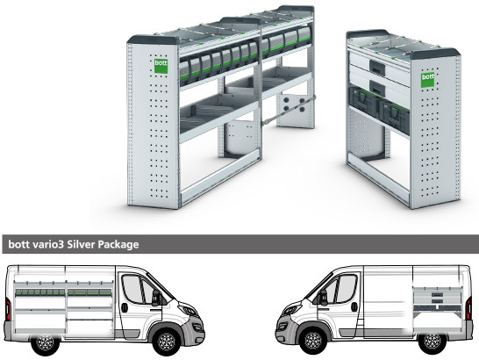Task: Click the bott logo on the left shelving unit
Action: (x=161, y=66)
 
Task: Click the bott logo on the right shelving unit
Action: (x=427, y=80)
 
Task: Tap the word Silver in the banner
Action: (x=81, y=244)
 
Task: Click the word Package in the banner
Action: (x=118, y=245)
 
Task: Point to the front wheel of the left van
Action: (x=167, y=341)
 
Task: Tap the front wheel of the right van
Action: (x=313, y=341)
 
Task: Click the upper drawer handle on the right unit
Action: (x=377, y=67)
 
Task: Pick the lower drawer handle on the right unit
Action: (x=377, y=88)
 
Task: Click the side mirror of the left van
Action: (x=156, y=298)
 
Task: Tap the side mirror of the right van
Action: (x=323, y=298)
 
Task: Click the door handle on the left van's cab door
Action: (x=125, y=307)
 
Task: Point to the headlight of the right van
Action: (x=291, y=309)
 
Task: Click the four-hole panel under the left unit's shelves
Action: (x=295, y=104)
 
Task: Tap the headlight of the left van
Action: (x=188, y=309)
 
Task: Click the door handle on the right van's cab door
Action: (x=354, y=307)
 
